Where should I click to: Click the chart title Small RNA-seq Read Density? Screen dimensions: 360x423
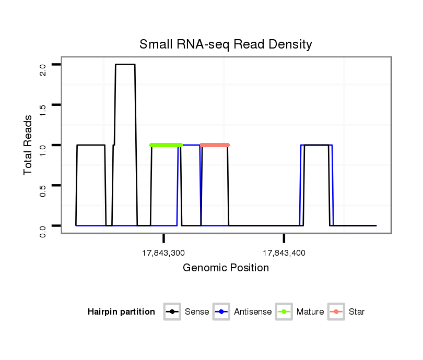tap(226, 44)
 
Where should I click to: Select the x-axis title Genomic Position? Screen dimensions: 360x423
tap(226, 268)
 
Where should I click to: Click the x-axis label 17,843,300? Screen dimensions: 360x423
tap(164, 253)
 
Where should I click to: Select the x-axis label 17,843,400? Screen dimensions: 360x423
tap(284, 253)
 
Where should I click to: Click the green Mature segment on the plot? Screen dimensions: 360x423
tap(166, 145)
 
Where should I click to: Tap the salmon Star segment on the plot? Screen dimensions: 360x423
tap(215, 145)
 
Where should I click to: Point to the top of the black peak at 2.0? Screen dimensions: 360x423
tap(125, 65)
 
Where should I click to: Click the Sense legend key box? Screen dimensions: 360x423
tap(172, 312)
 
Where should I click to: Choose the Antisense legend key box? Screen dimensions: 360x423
tap(222, 312)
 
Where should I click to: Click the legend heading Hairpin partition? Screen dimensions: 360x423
tap(121, 312)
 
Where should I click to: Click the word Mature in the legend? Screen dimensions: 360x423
tap(310, 312)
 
